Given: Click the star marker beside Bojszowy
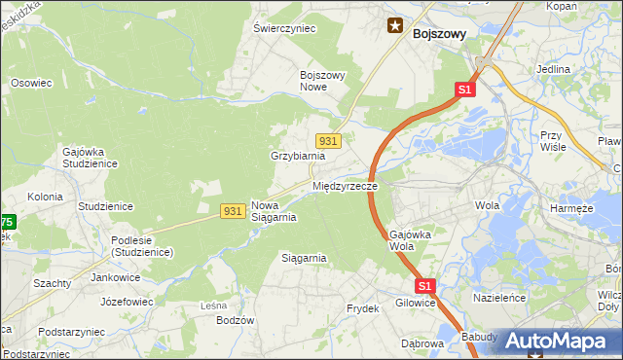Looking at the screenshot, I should pyautogui.click(x=395, y=26).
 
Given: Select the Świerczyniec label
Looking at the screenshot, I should pyautogui.click(x=284, y=29).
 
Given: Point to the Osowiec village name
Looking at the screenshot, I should pyautogui.click(x=30, y=84).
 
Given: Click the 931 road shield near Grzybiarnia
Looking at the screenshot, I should pyautogui.click(x=329, y=141).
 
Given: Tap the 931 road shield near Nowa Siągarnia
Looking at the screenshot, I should pyautogui.click(x=232, y=211).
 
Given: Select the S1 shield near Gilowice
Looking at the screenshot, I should pyautogui.click(x=424, y=286).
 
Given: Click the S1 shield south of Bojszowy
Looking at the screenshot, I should pyautogui.click(x=464, y=90).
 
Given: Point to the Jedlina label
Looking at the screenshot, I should pyautogui.click(x=553, y=70).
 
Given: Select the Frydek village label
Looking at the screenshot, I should pyautogui.click(x=362, y=308).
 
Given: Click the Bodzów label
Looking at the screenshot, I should pyautogui.click(x=236, y=320).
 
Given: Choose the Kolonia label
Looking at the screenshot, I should pyautogui.click(x=45, y=197).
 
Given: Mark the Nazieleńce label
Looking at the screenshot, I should pyautogui.click(x=499, y=297).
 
